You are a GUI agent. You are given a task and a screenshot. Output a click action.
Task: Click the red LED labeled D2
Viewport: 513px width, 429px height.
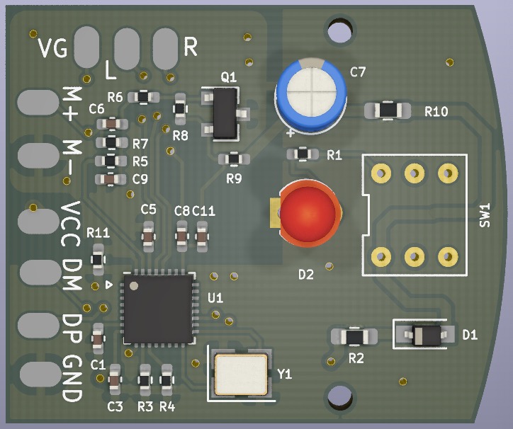coord(310,213)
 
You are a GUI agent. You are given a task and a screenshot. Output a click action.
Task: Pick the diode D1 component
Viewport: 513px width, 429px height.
coord(424,335)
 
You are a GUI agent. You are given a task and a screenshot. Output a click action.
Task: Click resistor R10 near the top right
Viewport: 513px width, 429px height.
coord(387,110)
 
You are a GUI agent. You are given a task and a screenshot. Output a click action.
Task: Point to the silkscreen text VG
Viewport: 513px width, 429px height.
coord(52,48)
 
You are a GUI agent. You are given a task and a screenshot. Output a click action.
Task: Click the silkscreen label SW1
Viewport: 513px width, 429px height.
coord(485,215)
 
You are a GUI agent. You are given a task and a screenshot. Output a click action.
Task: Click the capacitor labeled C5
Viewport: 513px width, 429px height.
coord(148,236)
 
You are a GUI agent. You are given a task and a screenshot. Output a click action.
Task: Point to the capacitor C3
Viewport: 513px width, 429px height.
coord(115,384)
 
